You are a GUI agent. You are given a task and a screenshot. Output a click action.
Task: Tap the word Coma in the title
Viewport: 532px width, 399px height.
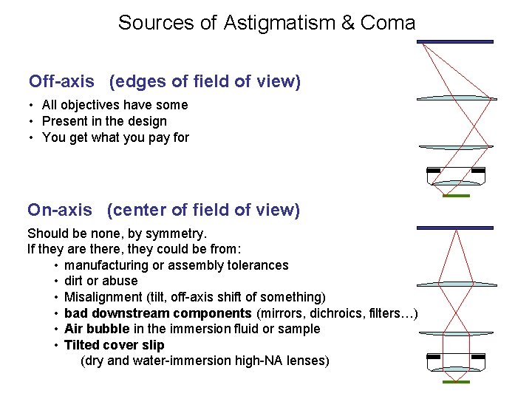coord(388,23)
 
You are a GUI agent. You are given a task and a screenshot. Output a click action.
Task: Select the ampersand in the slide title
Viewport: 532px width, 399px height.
coord(347,23)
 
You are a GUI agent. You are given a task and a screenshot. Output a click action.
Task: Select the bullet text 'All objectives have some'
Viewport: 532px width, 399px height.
coord(115,105)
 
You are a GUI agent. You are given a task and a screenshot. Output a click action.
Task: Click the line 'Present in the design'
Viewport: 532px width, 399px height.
coord(104,121)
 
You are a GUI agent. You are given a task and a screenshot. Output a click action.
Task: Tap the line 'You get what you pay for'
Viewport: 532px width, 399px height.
coord(115,137)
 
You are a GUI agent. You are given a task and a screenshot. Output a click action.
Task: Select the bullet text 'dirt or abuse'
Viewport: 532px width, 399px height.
coord(100,281)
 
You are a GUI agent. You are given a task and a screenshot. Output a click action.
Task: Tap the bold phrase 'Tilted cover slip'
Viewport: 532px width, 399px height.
coord(114,345)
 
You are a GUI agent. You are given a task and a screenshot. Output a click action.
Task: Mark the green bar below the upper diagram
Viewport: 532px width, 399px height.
coord(456,196)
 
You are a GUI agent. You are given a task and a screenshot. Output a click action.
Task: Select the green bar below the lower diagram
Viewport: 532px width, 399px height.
coord(456,382)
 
